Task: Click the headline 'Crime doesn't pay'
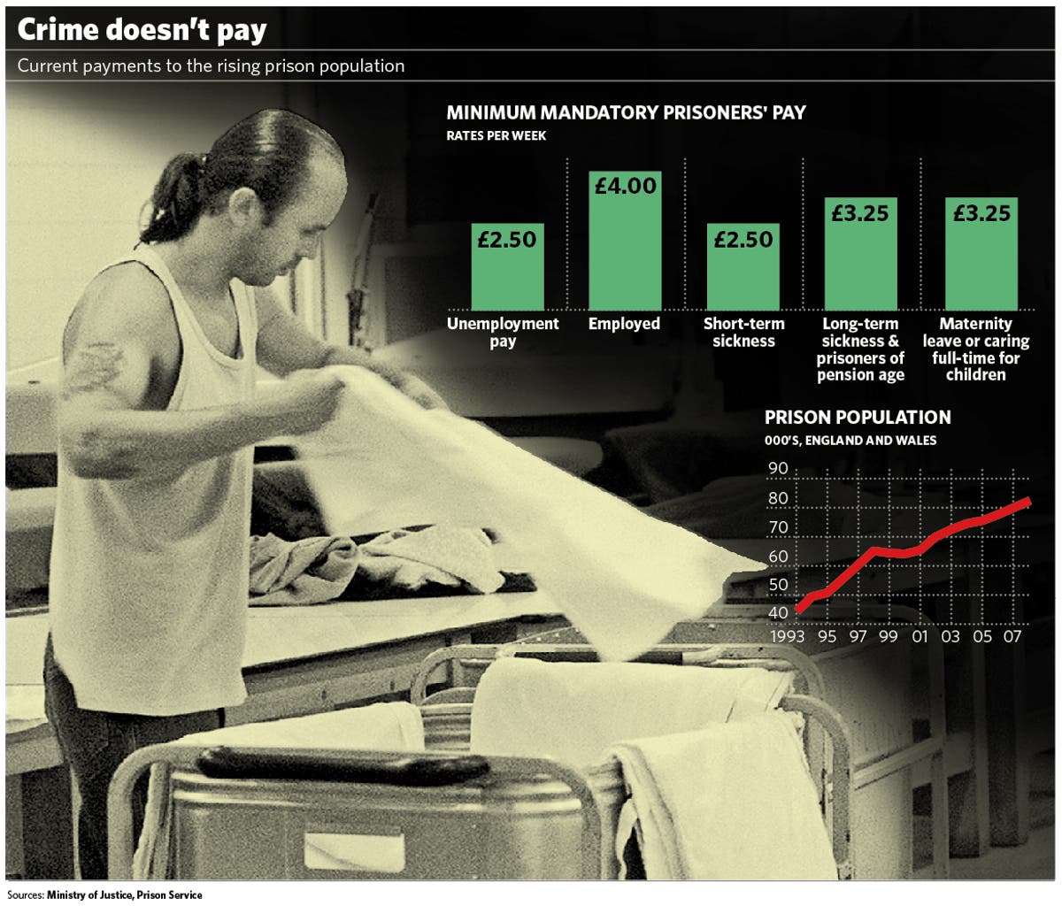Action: click(142, 30)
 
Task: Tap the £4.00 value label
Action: click(625, 186)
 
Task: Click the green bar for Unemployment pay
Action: click(507, 274)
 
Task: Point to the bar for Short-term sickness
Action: click(743, 274)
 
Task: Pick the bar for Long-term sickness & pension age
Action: click(860, 261)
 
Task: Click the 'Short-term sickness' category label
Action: click(743, 332)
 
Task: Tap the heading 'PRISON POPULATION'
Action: click(858, 417)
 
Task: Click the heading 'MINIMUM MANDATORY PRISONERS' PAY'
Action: click(626, 113)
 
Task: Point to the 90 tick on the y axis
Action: click(778, 469)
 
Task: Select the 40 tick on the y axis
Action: click(778, 613)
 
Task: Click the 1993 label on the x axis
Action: click(787, 636)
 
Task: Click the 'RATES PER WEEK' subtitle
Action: click(496, 136)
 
